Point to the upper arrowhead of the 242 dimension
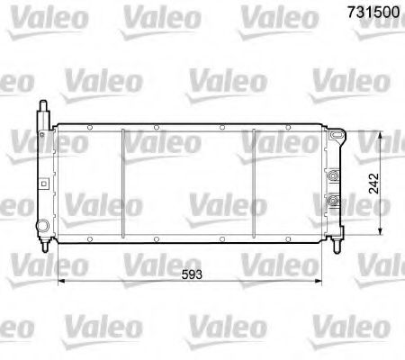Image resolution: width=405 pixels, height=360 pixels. click(x=383, y=135)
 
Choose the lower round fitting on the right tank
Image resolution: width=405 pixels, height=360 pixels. click(x=334, y=199)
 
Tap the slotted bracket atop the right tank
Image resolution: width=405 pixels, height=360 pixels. click(x=337, y=136)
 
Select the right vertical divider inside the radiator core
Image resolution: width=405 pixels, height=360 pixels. click(x=255, y=179)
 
